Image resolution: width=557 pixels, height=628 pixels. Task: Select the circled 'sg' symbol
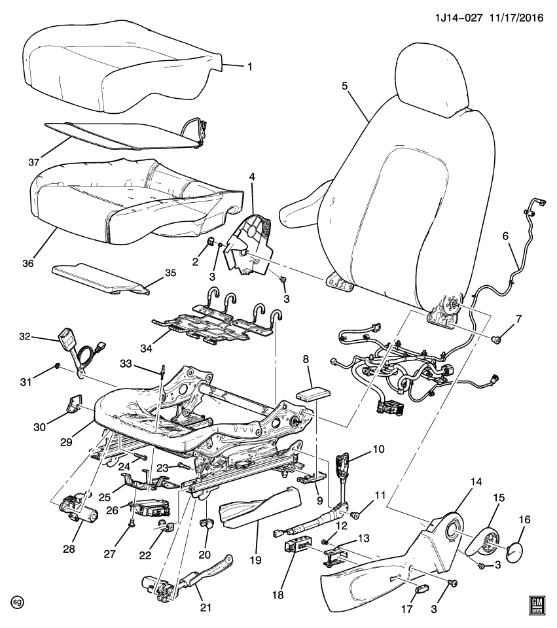coord(18,601)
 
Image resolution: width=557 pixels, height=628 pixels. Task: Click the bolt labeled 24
coord(140,456)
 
